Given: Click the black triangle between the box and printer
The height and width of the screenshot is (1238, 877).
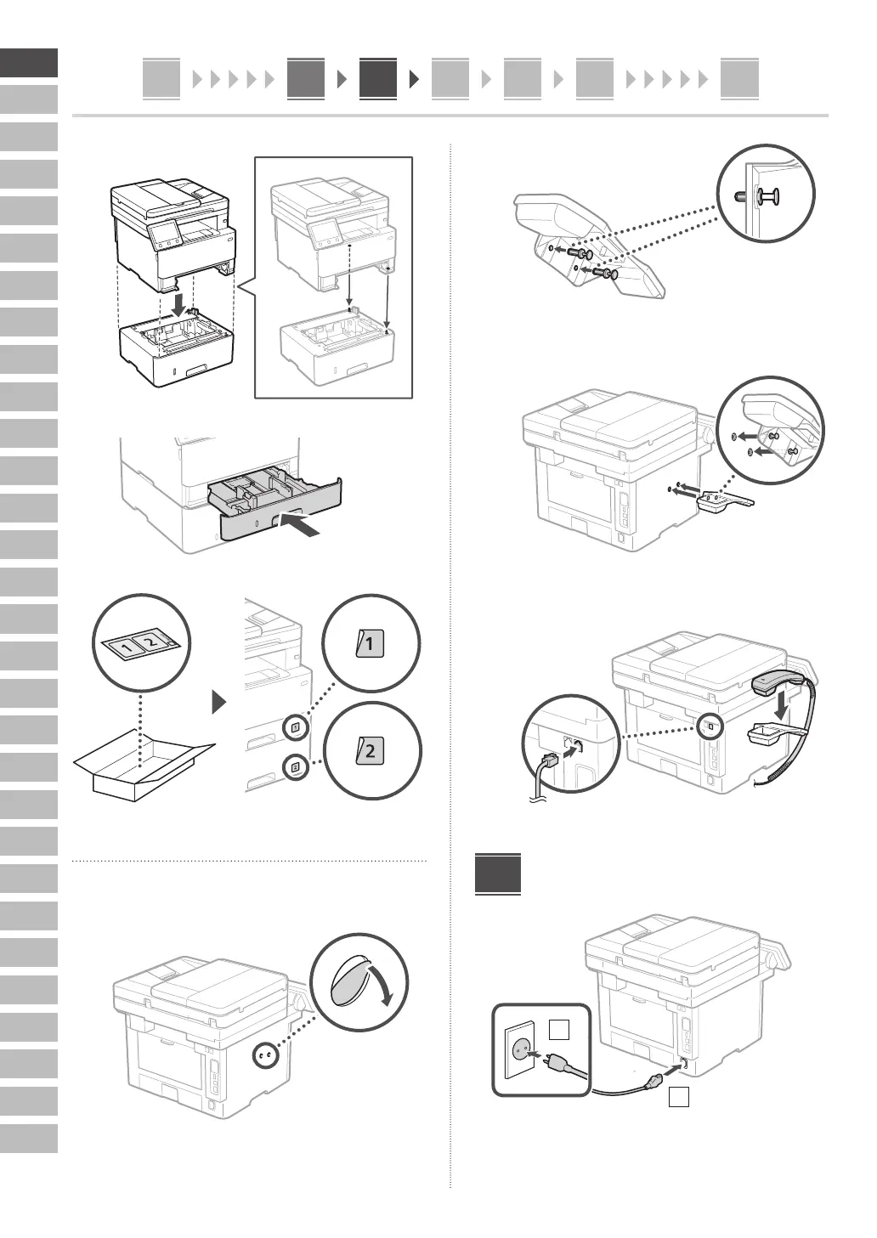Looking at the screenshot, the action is coord(220,702).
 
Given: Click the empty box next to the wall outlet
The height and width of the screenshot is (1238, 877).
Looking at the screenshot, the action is coord(557,1030).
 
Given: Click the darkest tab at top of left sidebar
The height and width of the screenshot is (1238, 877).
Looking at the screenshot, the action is coord(29,63).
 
